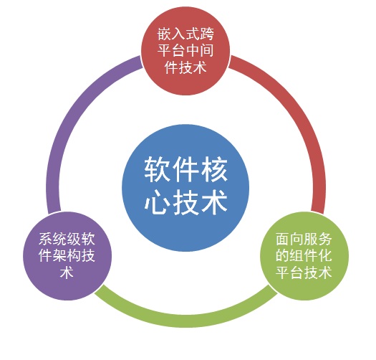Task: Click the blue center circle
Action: [x=185, y=188]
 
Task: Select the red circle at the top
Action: [x=185, y=50]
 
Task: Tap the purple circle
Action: [x=67, y=256]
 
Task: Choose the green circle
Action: [x=304, y=256]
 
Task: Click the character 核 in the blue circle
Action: [x=214, y=169]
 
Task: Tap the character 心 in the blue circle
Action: [x=158, y=202]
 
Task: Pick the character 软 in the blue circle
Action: [x=158, y=169]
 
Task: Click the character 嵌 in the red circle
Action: [x=165, y=34]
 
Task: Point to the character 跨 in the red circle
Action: [x=207, y=34]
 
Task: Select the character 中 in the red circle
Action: [x=193, y=51]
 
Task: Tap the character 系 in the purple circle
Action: [x=46, y=240]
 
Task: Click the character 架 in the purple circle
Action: [x=60, y=255]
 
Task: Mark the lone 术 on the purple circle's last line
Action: [x=67, y=273]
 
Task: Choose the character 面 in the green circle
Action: [x=283, y=240]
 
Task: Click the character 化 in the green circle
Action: [x=325, y=255]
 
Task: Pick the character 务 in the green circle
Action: [x=325, y=240]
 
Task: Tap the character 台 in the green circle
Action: [x=297, y=273]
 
